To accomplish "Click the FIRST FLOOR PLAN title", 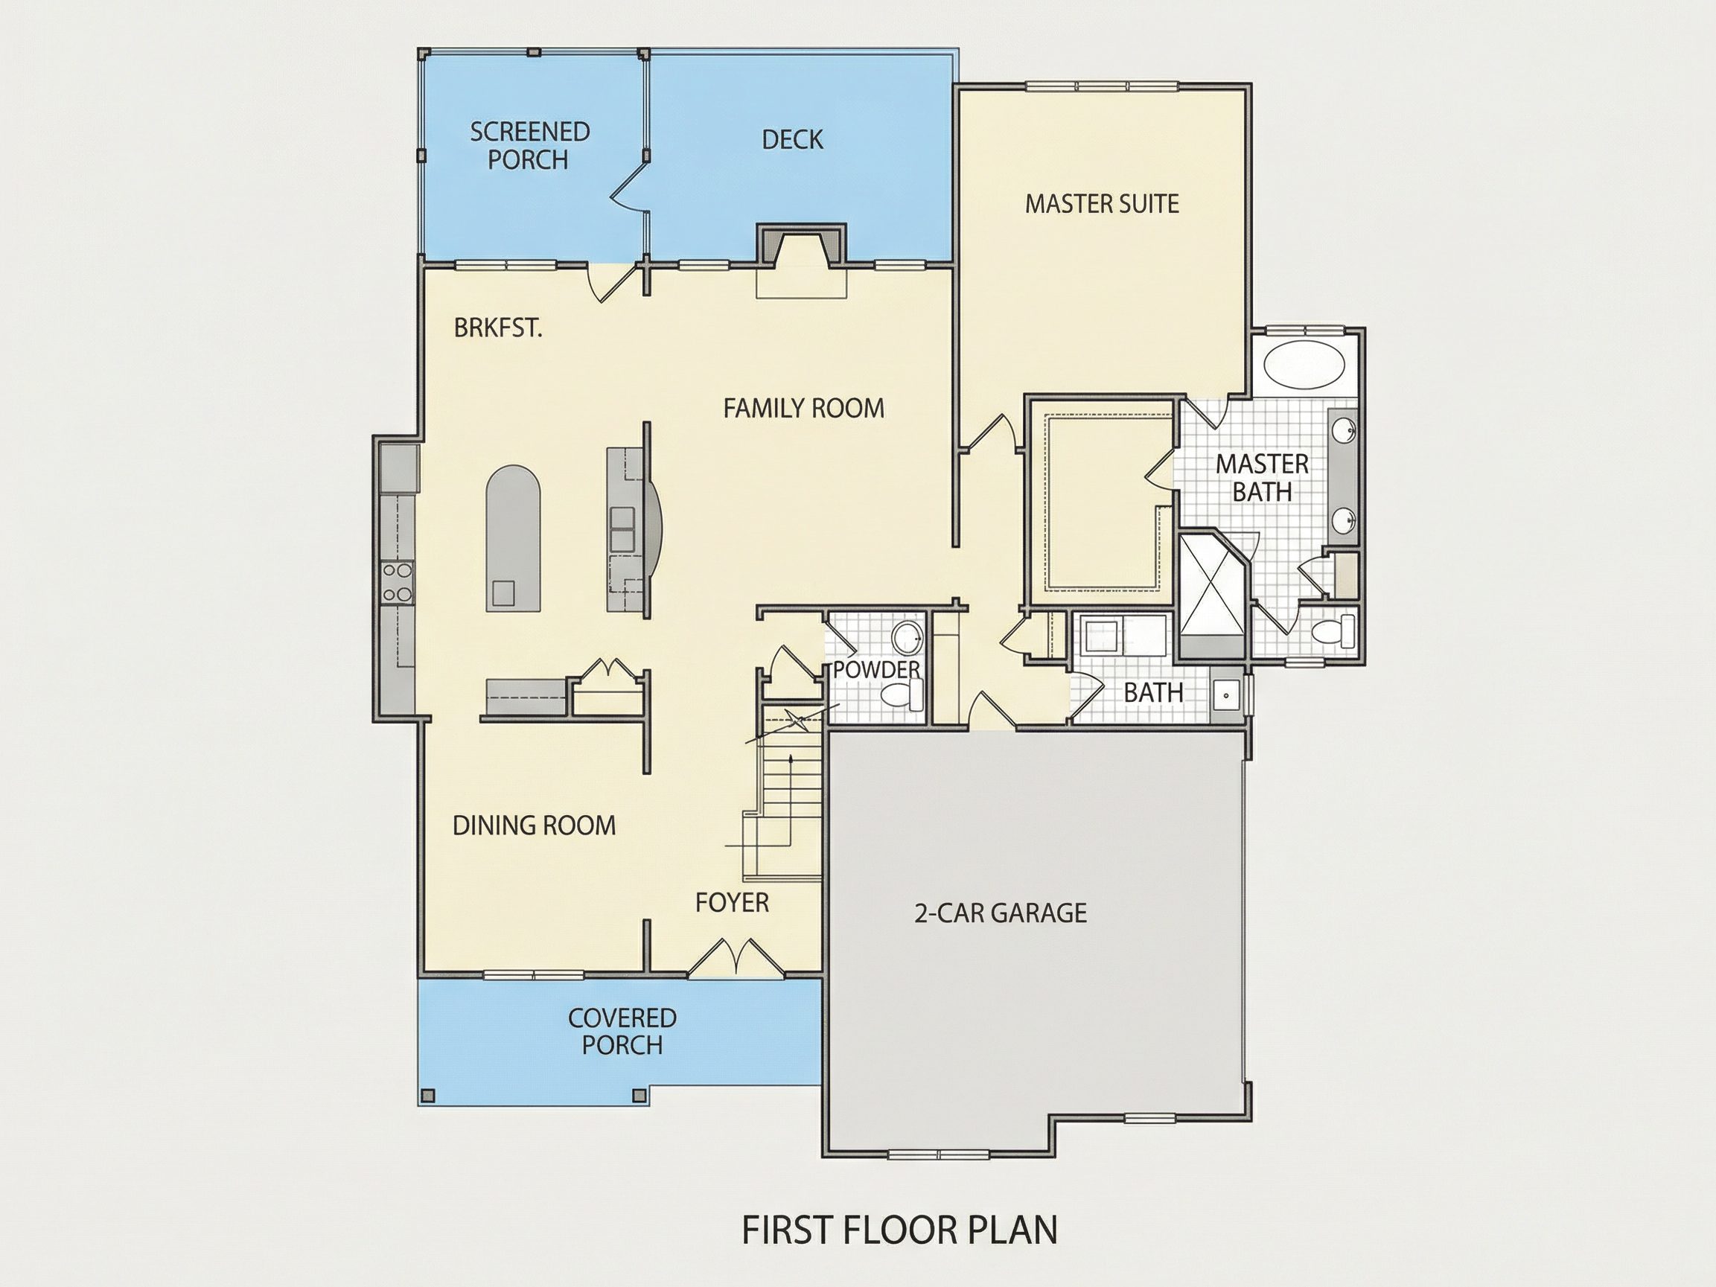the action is tap(899, 1230).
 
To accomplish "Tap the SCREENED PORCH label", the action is tap(530, 146).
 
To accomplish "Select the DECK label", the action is tap(792, 140).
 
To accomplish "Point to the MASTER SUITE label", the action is tap(1102, 204).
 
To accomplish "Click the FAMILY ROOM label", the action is tap(804, 408).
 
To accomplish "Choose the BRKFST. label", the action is tap(498, 328).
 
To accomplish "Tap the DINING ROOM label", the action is tap(534, 825).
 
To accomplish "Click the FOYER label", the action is tap(732, 903).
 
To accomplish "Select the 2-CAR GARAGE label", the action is tap(1001, 913).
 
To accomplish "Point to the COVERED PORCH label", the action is tap(622, 1031).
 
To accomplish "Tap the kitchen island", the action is tap(512, 538).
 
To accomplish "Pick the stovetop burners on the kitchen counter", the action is tap(398, 582).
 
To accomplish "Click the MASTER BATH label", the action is tap(1262, 478).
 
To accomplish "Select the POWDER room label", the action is tap(877, 669).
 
